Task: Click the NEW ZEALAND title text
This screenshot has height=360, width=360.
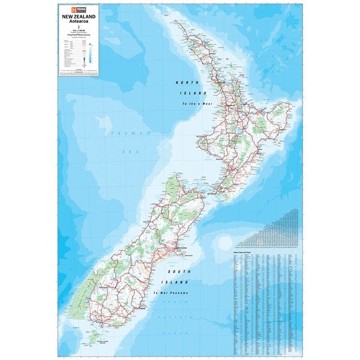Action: pyautogui.click(x=78, y=17)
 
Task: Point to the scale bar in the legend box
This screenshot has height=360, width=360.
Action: pyautogui.click(x=79, y=37)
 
